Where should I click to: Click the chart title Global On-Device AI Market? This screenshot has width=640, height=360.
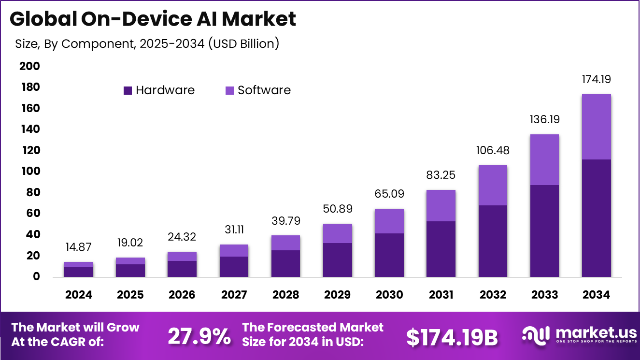[153, 19]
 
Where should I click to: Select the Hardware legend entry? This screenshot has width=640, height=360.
[159, 90]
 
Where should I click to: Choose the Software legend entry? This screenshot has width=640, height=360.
[258, 90]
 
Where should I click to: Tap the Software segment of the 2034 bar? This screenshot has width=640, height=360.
[596, 127]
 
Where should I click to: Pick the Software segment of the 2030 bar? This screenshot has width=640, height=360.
[389, 221]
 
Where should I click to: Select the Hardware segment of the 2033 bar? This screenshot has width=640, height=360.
[544, 230]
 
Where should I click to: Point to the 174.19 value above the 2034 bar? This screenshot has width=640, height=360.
[596, 79]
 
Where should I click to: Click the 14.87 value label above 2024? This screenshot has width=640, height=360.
[78, 247]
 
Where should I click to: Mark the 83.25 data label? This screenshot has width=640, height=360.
[441, 175]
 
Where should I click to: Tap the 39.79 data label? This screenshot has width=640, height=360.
[285, 221]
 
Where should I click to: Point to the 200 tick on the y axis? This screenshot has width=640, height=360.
[30, 66]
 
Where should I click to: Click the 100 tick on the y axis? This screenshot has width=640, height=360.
[30, 172]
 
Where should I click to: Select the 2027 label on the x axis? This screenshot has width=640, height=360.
[234, 294]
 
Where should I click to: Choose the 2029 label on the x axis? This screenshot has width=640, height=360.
[337, 294]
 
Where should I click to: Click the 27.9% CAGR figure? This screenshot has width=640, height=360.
[199, 337]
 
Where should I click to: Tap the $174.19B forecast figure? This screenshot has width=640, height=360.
[452, 337]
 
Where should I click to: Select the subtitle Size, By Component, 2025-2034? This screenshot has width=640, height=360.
[147, 43]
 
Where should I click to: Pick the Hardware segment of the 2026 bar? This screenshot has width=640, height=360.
[182, 269]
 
